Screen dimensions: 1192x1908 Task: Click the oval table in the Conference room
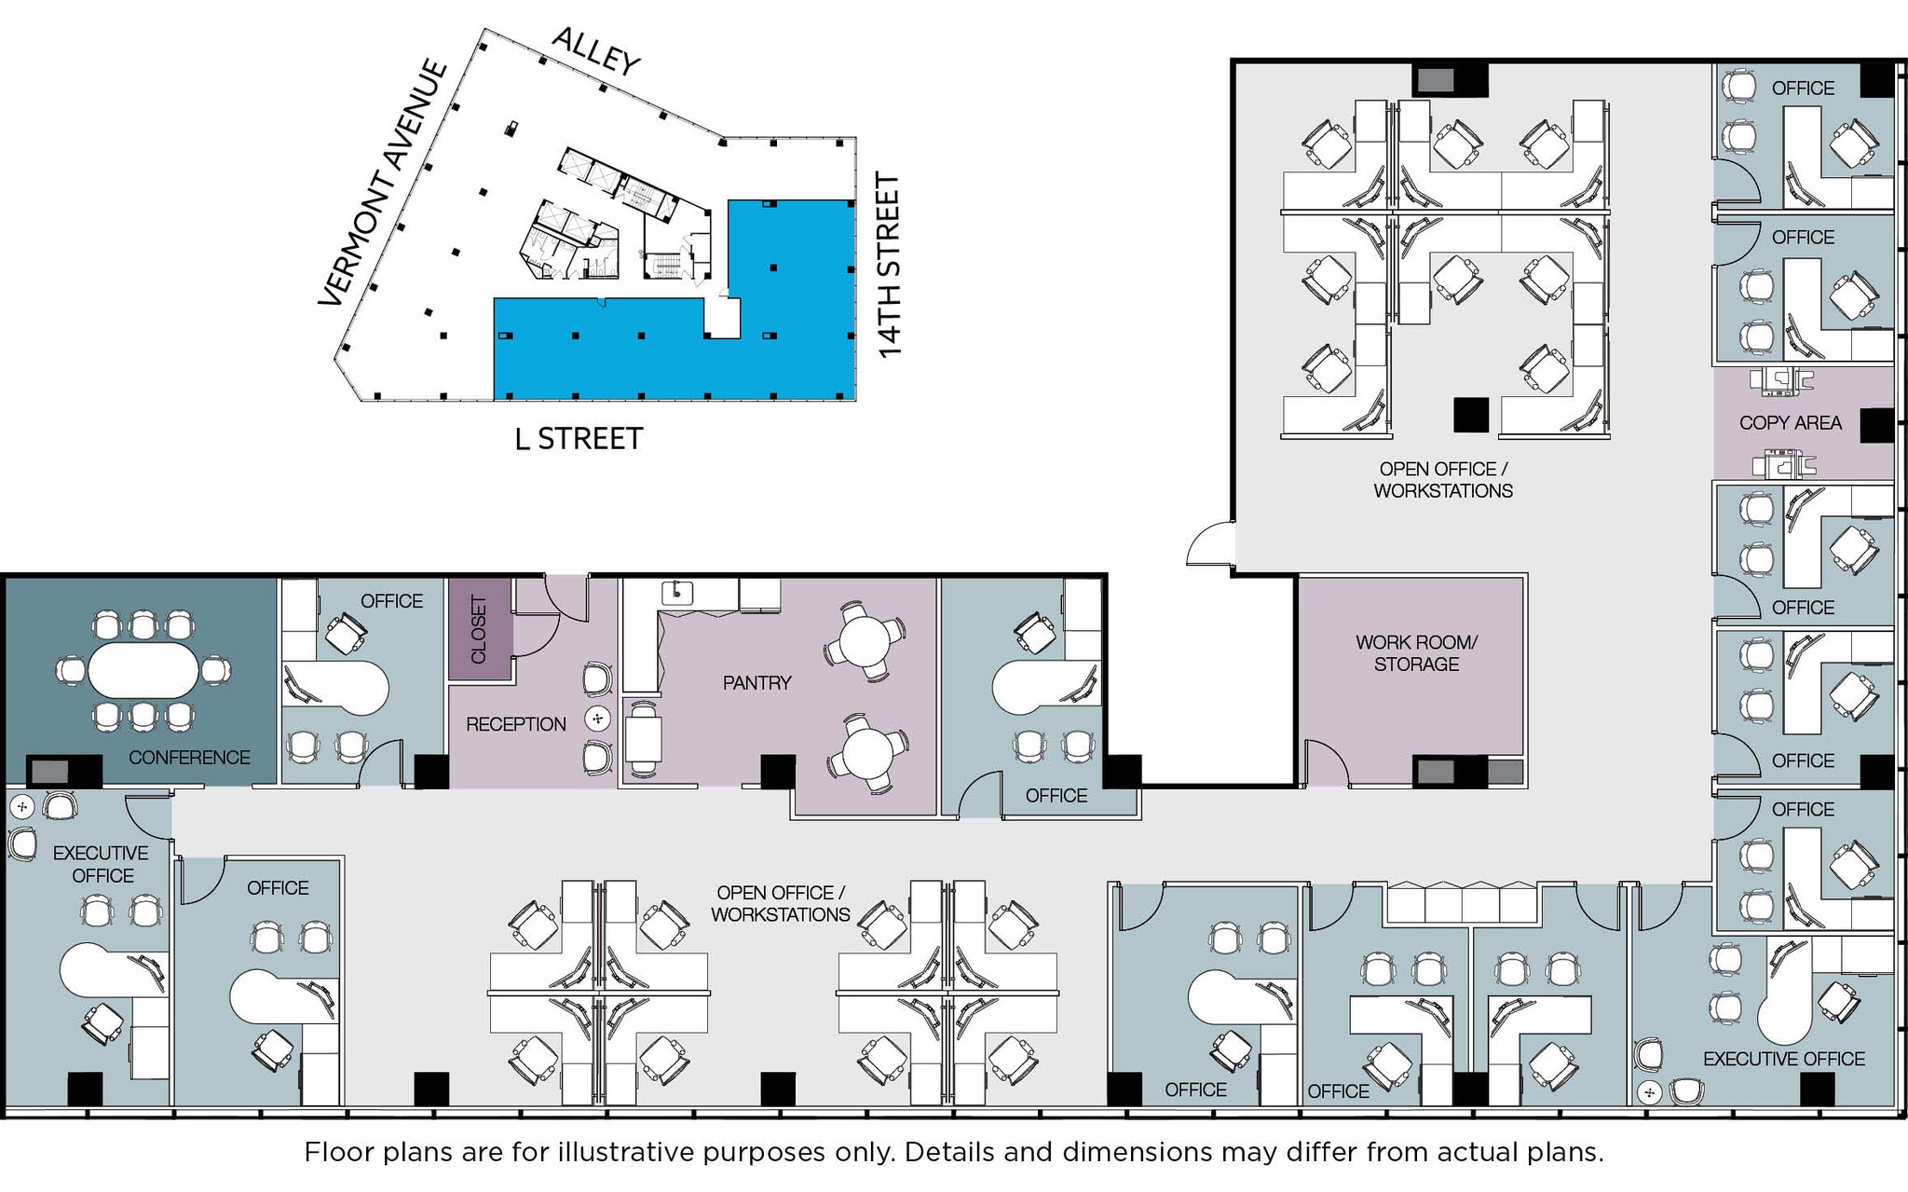click(143, 669)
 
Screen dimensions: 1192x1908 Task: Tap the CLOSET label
click(479, 629)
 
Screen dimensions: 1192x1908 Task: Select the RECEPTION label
click(515, 724)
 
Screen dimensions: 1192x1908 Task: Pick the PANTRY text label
click(756, 683)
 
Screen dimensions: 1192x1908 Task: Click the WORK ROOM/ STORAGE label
click(1416, 653)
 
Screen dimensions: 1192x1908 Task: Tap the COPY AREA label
click(1790, 423)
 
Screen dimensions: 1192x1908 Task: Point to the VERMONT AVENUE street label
click(383, 183)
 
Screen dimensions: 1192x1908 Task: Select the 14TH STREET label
click(890, 265)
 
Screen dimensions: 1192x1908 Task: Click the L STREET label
click(579, 439)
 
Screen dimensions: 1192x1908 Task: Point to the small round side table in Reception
click(597, 719)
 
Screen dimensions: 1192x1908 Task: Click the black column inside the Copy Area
click(1876, 425)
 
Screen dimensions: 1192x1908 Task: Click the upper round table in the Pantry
click(865, 640)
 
